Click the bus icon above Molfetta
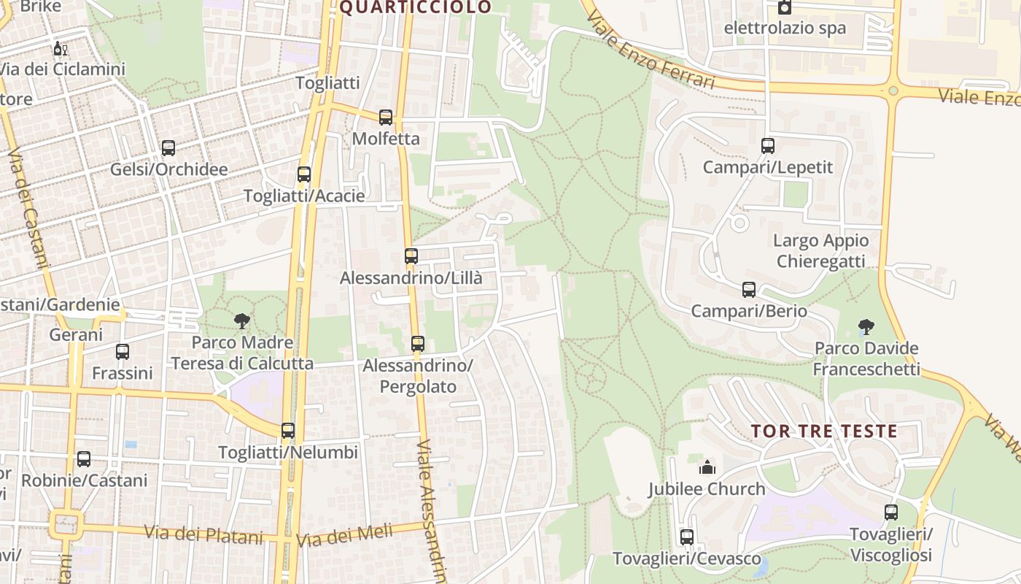pyautogui.click(x=386, y=117)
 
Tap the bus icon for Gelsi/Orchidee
pyautogui.click(x=168, y=148)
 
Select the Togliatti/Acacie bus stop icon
pyautogui.click(x=304, y=174)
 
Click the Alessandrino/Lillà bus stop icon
pyautogui.click(x=411, y=256)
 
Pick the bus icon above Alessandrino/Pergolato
pyautogui.click(x=418, y=343)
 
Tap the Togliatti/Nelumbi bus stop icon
pyautogui.click(x=288, y=431)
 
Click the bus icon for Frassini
pyautogui.click(x=123, y=352)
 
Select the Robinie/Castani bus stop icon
pyautogui.click(x=84, y=459)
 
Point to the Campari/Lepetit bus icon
pyautogui.click(x=768, y=146)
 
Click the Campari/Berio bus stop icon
pyautogui.click(x=749, y=290)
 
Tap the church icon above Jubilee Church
pyautogui.click(x=707, y=467)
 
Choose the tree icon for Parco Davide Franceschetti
pyautogui.click(x=866, y=326)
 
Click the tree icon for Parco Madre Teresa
pyautogui.click(x=241, y=320)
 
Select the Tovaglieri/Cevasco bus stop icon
pyautogui.click(x=687, y=537)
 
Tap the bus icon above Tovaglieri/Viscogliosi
pyautogui.click(x=891, y=512)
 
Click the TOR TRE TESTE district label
pyautogui.click(x=824, y=431)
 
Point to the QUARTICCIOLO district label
pyautogui.click(x=416, y=7)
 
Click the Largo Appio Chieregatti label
pyautogui.click(x=820, y=250)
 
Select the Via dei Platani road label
pyautogui.click(x=203, y=534)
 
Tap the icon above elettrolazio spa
pyautogui.click(x=785, y=8)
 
